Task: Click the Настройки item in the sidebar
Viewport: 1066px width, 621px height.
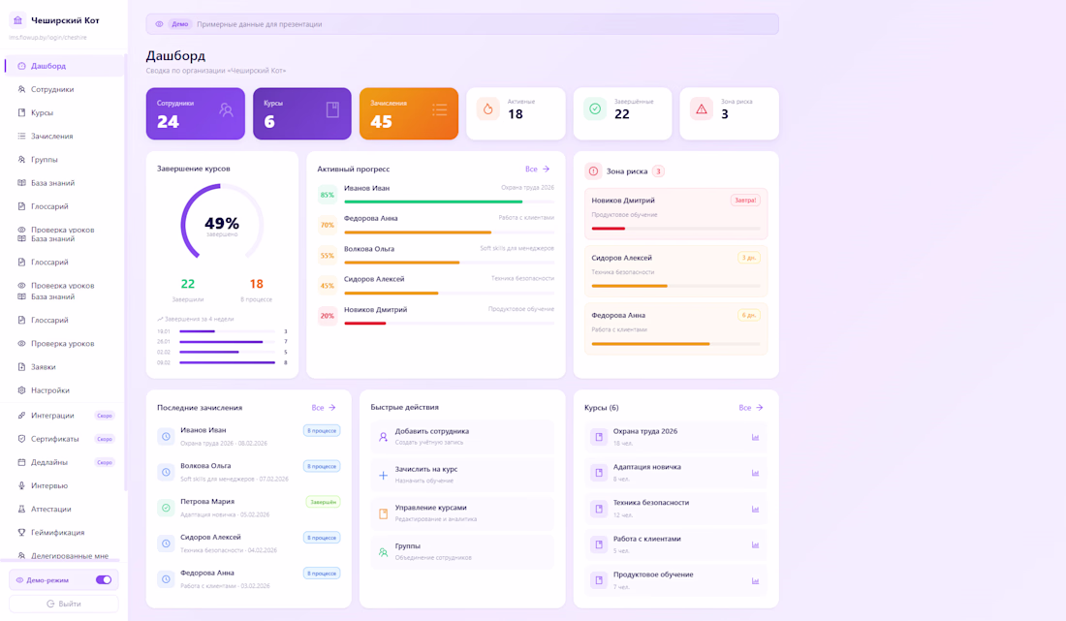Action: point(49,390)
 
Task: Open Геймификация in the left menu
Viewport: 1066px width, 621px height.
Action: point(57,532)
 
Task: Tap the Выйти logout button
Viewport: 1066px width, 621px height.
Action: point(64,604)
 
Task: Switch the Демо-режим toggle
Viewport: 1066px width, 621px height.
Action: point(104,580)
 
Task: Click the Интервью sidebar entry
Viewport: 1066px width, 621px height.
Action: point(49,485)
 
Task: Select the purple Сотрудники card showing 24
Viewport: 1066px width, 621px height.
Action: point(195,113)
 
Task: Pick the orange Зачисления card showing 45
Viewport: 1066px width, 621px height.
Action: point(408,113)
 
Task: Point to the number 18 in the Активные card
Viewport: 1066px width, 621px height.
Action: point(516,114)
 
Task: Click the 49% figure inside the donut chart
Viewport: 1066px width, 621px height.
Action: point(222,223)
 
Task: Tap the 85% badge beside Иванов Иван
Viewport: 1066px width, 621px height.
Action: point(328,195)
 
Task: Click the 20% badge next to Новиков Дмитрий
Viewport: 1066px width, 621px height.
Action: point(328,316)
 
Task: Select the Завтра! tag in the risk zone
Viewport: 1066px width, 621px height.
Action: point(745,201)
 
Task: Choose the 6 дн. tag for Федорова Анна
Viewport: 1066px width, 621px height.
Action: point(749,315)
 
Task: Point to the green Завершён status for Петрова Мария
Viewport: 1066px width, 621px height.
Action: point(323,502)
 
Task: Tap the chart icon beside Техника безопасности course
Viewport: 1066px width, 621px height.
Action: point(755,510)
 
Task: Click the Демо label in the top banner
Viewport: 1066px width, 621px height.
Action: point(179,24)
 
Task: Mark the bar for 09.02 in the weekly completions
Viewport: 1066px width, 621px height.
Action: point(227,362)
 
